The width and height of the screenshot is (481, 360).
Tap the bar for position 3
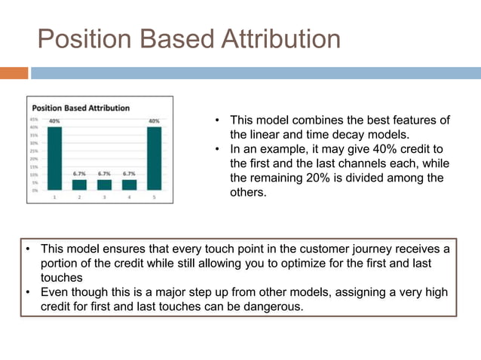[104, 185]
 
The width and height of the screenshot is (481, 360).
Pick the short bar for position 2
[79, 185]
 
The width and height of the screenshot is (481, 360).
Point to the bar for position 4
[129, 185]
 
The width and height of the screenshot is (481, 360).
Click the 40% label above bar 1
[55, 121]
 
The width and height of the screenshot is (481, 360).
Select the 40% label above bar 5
[154, 121]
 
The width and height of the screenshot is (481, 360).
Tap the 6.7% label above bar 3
[104, 173]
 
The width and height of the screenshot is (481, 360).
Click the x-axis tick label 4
[129, 197]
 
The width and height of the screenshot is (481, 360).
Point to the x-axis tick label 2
[79, 197]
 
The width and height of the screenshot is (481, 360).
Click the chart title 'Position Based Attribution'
[81, 108]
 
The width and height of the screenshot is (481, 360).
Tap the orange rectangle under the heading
[14, 73]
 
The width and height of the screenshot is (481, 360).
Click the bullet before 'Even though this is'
[26, 292]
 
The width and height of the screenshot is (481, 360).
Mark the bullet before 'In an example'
[216, 149]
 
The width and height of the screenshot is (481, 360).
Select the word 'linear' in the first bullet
[265, 134]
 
